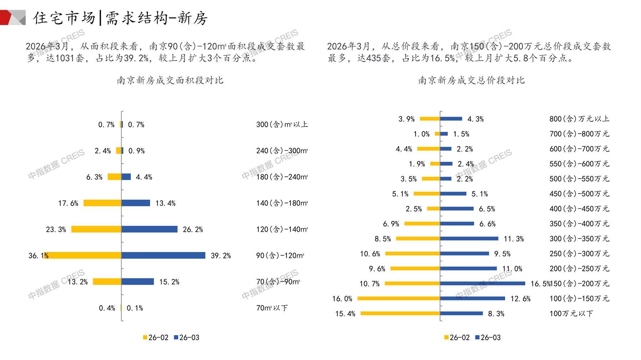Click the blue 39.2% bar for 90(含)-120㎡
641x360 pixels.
[163, 256]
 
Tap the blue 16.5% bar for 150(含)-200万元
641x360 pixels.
[483, 283]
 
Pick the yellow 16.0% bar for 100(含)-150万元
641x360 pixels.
[399, 298]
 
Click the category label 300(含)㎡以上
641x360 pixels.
[282, 124]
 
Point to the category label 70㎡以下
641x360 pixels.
[272, 308]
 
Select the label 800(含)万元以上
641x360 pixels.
[579, 119]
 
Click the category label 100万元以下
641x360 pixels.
[571, 314]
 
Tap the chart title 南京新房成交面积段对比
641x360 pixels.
[170, 80]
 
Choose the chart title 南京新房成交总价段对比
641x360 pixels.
[471, 80]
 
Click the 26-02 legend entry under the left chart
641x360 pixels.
[156, 338]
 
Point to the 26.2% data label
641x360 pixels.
[193, 230]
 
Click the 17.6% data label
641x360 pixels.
[68, 203]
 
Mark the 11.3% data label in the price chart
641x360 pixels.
[514, 239]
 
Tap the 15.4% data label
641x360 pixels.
[345, 314]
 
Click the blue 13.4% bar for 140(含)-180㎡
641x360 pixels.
[136, 203]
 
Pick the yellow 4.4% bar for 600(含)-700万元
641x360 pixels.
[428, 149]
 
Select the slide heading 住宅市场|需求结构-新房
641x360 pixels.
[120, 18]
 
